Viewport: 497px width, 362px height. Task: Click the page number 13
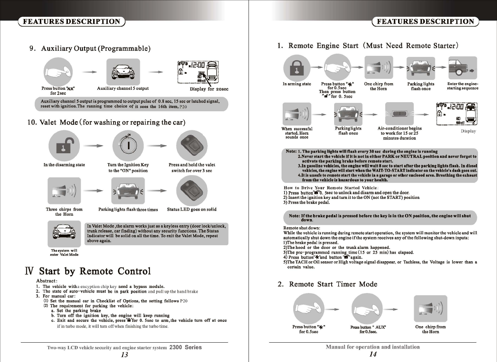click(x=125, y=355)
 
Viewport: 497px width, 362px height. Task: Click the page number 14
click(x=373, y=354)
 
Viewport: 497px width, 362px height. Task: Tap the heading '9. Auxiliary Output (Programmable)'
click(x=90, y=49)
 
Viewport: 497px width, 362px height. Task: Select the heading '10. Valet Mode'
click(x=106, y=122)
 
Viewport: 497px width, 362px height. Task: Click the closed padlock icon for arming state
click(x=297, y=68)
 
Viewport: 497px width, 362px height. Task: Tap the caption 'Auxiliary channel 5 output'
click(x=123, y=88)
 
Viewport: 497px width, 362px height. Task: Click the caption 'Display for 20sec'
click(x=209, y=89)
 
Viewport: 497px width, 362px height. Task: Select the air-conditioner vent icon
click(x=399, y=114)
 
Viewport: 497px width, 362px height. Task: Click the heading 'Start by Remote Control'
click(x=95, y=271)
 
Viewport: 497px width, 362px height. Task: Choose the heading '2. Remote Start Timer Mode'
click(x=328, y=284)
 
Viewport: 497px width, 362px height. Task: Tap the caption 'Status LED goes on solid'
click(x=192, y=209)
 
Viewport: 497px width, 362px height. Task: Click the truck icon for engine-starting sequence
click(x=463, y=68)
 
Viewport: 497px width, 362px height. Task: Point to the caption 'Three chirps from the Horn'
click(x=64, y=212)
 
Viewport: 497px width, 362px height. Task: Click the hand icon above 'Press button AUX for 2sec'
click(x=58, y=72)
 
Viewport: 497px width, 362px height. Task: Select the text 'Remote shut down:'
click(x=302, y=228)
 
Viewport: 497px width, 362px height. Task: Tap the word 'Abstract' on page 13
click(x=46, y=281)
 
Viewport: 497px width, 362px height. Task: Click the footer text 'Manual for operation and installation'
click(x=372, y=347)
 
